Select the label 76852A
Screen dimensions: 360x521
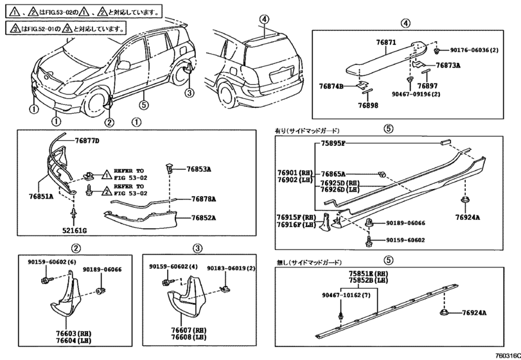[203, 218]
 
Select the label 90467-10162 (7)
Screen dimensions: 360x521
[347, 296]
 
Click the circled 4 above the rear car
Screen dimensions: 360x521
[263, 20]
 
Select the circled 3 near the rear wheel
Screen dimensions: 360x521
[188, 93]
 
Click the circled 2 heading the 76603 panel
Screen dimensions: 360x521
[76, 248]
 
